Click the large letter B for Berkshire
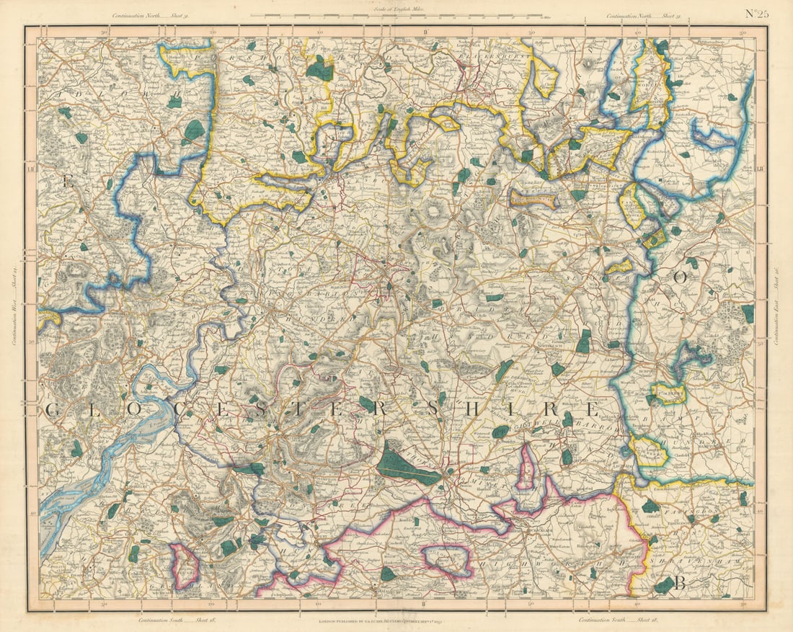[x=678, y=584]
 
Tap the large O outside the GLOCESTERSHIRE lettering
[x=678, y=277]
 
